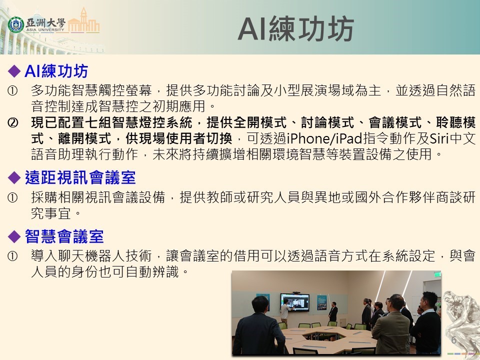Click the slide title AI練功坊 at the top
pos(295,29)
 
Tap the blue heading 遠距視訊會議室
pos(80,177)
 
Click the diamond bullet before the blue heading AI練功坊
pos(16,70)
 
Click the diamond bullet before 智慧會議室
pos(16,235)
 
